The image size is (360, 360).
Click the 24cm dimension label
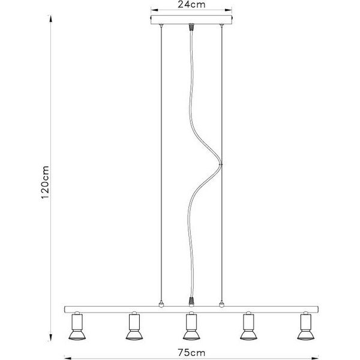click(x=191, y=5)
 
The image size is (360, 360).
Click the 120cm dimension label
click(x=44, y=182)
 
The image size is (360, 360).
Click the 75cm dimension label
click(x=191, y=353)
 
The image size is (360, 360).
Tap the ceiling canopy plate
click(x=191, y=20)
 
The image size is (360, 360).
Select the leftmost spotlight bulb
click(x=77, y=335)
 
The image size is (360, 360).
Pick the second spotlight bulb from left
click(x=134, y=335)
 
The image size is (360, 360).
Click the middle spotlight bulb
click(x=191, y=335)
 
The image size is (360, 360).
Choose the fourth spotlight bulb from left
click(x=248, y=335)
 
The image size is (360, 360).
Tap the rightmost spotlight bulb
click(x=306, y=335)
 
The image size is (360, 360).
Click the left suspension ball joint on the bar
click(x=161, y=305)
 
